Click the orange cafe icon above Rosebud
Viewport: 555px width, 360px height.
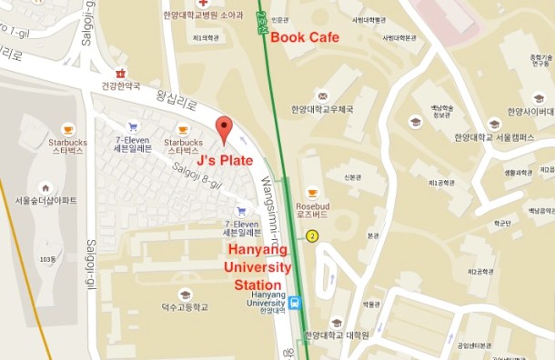click(x=312, y=193)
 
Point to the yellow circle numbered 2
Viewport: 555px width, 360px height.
click(x=312, y=236)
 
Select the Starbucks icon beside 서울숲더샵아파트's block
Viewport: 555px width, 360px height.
click(x=67, y=129)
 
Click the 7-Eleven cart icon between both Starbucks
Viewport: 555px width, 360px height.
click(x=133, y=128)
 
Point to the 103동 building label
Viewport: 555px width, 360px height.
click(x=48, y=259)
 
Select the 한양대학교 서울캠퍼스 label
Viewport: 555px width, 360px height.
click(x=494, y=136)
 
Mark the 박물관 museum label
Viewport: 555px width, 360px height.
click(x=370, y=305)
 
